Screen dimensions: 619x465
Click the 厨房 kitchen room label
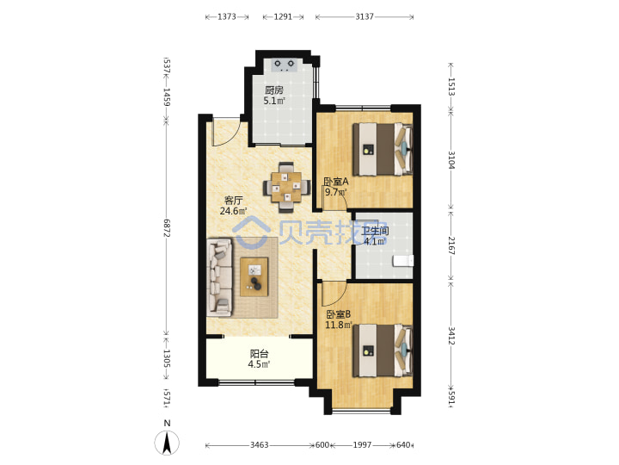(274, 90)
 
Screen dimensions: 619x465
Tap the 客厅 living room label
(233, 200)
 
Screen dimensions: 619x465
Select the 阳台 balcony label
(259, 354)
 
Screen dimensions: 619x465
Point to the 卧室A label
(336, 182)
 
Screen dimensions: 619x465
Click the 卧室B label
(339, 314)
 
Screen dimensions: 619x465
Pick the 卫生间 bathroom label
(375, 231)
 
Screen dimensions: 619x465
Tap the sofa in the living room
(219, 277)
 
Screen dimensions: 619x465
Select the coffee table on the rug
(254, 276)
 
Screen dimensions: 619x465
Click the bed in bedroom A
(383, 149)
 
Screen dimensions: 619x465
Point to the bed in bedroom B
(383, 350)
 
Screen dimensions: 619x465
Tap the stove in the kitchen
(285, 65)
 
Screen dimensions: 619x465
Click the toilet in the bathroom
(403, 261)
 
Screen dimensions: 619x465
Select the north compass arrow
(167, 443)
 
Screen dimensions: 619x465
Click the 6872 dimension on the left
(166, 228)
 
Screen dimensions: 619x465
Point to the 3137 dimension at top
(365, 16)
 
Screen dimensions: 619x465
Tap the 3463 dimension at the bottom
(260, 445)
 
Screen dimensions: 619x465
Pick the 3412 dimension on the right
(451, 336)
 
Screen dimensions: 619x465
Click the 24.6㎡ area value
(233, 211)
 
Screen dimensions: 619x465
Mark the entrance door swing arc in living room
(230, 136)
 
